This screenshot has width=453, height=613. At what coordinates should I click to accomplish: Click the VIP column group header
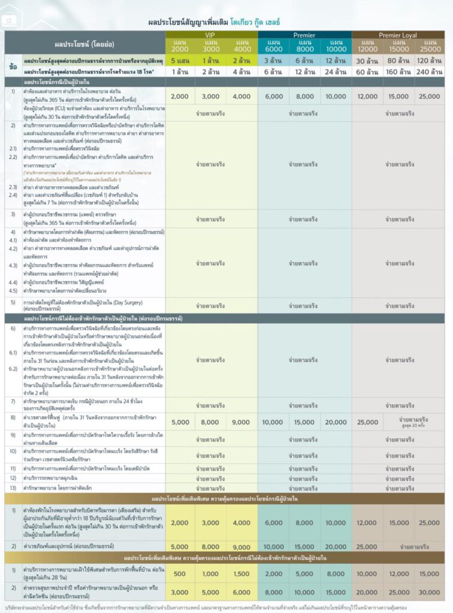click(x=211, y=35)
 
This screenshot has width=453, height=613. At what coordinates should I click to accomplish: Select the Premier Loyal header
click(x=398, y=35)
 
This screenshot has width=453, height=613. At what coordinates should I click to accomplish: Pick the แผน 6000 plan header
click(x=273, y=46)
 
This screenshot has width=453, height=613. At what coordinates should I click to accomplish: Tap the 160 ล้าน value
click(x=398, y=71)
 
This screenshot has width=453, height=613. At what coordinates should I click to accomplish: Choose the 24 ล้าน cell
click(x=336, y=71)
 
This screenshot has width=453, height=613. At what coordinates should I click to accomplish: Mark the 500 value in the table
click(x=180, y=573)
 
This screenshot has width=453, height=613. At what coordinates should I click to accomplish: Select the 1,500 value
click(x=242, y=573)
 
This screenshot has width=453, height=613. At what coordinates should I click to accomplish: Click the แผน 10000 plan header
click(x=336, y=46)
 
